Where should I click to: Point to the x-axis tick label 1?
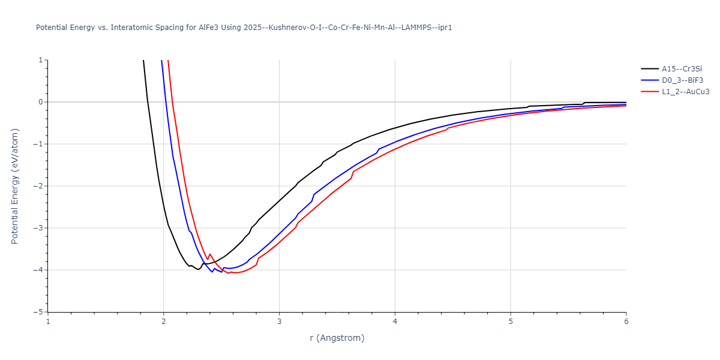tap(48, 322)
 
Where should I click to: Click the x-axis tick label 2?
tap(164, 322)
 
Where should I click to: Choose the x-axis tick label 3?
tap(279, 322)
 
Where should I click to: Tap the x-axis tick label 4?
tap(395, 322)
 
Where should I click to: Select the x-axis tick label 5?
tap(511, 322)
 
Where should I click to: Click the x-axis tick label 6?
tap(626, 322)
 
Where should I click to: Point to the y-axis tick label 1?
tap(40, 60)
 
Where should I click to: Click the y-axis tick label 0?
tap(40, 102)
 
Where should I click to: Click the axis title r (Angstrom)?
tap(337, 338)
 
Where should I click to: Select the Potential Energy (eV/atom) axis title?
tap(15, 186)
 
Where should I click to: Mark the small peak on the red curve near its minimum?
tap(210, 254)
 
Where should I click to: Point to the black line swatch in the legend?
tap(649, 69)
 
